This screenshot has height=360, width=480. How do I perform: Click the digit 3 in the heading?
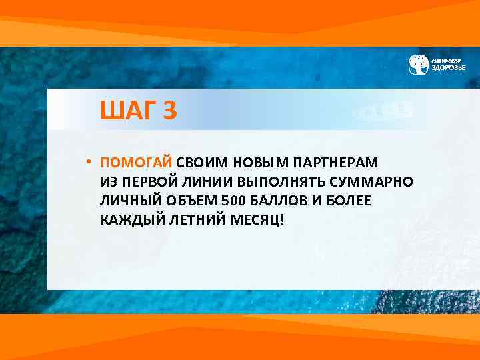pyautogui.click(x=170, y=111)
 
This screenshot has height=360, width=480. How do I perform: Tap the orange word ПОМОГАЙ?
pyautogui.click(x=137, y=163)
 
